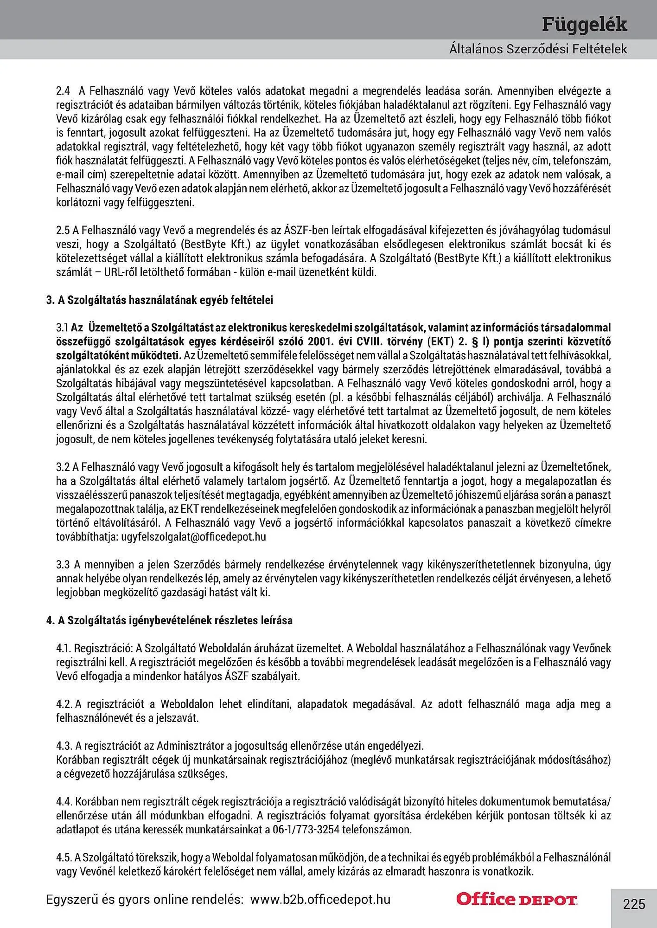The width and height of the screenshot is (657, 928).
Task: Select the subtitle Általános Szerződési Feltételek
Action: pyautogui.click(x=538, y=49)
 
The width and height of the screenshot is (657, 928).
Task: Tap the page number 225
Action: pyautogui.click(x=634, y=904)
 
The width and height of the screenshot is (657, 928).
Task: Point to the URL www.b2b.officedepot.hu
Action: pyautogui.click(x=320, y=899)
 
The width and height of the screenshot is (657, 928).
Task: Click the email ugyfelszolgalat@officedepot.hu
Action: pyautogui.click(x=194, y=537)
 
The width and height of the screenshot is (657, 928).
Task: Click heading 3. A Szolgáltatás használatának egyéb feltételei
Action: pyautogui.click(x=159, y=300)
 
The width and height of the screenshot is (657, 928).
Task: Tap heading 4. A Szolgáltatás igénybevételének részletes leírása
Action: pyautogui.click(x=169, y=620)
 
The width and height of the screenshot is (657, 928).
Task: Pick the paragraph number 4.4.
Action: pyautogui.click(x=64, y=801)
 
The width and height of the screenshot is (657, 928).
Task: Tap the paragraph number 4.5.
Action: pyautogui.click(x=64, y=857)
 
